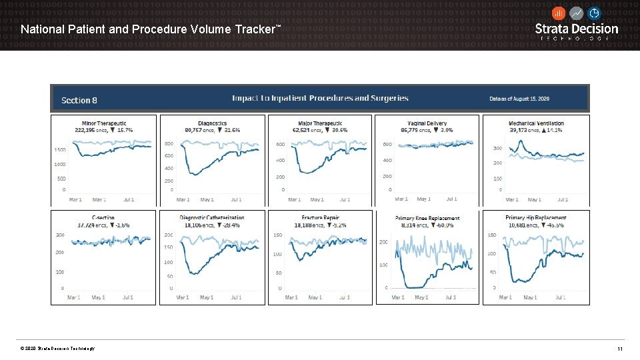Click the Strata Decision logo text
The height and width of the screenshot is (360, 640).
pyautogui.click(x=577, y=29)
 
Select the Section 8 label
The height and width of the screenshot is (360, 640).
pyautogui.click(x=79, y=100)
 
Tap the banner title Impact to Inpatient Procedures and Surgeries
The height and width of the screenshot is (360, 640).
pyautogui.click(x=320, y=98)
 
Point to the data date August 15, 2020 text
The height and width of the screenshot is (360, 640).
pyautogui.click(x=519, y=99)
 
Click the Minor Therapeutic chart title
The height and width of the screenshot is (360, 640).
pyautogui.click(x=104, y=123)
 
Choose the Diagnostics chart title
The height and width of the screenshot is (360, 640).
pyautogui.click(x=213, y=123)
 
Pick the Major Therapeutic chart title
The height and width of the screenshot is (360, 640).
pyautogui.click(x=321, y=123)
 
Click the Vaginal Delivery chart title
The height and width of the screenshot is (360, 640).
pyautogui.click(x=427, y=123)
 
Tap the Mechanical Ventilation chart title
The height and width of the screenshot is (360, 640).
pyautogui.click(x=536, y=123)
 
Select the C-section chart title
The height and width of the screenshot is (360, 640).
pyautogui.click(x=103, y=218)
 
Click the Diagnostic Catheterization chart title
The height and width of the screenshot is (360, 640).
pyautogui.click(x=212, y=218)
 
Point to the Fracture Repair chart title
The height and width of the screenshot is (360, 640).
pyautogui.click(x=321, y=218)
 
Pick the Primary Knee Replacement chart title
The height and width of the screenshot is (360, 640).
pyautogui.click(x=427, y=219)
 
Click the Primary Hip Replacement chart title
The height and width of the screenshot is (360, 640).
pyautogui.click(x=536, y=218)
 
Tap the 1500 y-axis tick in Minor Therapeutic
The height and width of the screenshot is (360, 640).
pyautogui.click(x=59, y=150)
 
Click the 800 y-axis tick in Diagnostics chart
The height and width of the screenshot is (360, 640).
pyautogui.click(x=169, y=144)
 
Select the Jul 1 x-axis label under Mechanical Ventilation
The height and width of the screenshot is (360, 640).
pyautogui.click(x=563, y=199)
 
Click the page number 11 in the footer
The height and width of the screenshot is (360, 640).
pyautogui.click(x=619, y=349)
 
